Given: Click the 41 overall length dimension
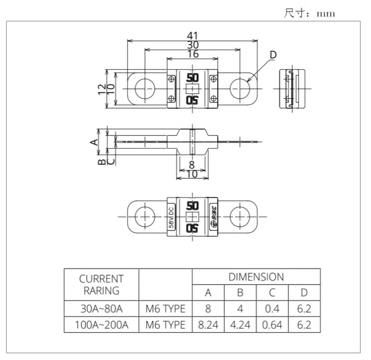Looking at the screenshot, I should pos(192,36).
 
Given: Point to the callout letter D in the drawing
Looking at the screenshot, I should pos(273,55).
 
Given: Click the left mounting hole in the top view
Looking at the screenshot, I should pos(145,88).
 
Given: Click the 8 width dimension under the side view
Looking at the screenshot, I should pos(192,164).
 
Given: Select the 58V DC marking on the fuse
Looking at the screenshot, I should pos(171,217).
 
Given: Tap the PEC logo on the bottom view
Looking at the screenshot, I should pos(213,217).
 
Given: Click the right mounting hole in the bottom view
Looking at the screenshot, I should pos(240,217).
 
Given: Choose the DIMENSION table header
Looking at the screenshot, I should pos(256,277).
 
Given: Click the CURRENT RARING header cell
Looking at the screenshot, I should pos(101,284).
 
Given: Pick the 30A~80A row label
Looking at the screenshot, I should pos(101,309).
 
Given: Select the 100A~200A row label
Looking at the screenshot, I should pos(101,325).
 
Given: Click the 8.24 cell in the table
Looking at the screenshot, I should pos(208,325).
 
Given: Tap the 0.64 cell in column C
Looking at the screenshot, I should pos(272,325).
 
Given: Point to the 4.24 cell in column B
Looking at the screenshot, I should pos(240,325).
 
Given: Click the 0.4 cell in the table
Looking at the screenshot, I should pos(272,309).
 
